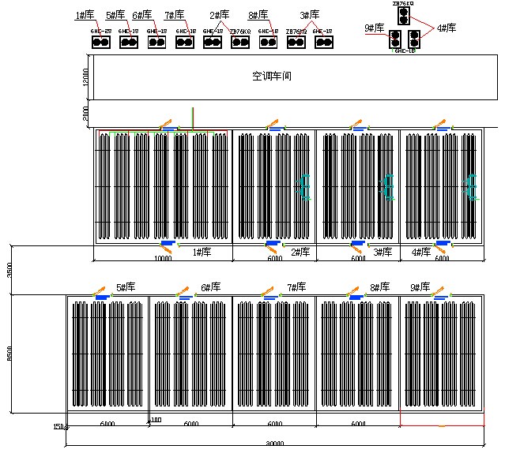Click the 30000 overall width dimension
pyautogui.click(x=274, y=444)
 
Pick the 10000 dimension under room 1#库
pyautogui.click(x=163, y=258)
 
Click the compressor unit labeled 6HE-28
pyautogui.click(x=100, y=40)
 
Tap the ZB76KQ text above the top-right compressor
pyautogui.click(x=403, y=3)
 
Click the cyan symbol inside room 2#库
pyautogui.click(x=303, y=187)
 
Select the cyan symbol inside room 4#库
pyautogui.click(x=471, y=186)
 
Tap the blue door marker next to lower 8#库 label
pyautogui.click(x=356, y=297)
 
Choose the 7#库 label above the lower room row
pyautogui.click(x=296, y=287)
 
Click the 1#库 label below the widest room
pyautogui.click(x=202, y=253)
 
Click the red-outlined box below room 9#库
pyautogui.click(x=442, y=418)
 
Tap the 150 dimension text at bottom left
pyautogui.click(x=58, y=427)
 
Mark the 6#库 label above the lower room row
pyautogui.click(x=210, y=287)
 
